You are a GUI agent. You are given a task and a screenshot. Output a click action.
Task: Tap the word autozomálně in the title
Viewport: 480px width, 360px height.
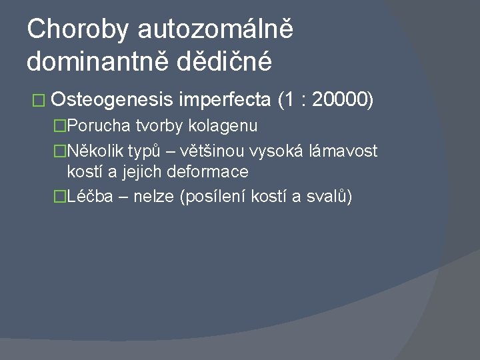[216, 29]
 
